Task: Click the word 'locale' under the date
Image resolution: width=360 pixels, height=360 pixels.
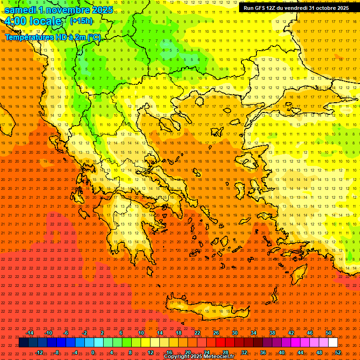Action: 45,21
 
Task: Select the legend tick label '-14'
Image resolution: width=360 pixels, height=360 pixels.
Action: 30,333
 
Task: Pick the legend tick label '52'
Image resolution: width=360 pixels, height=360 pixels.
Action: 338,352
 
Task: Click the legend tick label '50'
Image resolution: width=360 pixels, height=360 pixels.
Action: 329,333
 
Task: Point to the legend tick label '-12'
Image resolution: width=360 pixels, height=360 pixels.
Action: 39,352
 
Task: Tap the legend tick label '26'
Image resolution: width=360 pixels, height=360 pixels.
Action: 216,333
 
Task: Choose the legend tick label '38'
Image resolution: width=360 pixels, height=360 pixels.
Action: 272,333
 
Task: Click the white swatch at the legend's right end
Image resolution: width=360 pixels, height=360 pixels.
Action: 333,342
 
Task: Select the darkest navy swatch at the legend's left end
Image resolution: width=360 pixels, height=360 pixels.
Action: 24,342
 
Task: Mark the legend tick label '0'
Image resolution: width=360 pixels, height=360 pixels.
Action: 93,352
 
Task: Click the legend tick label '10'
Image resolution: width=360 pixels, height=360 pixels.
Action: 141,333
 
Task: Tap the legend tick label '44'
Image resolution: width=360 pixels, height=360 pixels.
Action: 300,352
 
